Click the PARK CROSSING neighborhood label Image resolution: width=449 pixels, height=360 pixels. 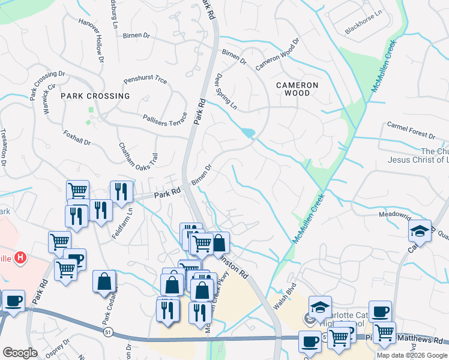pos(95,96)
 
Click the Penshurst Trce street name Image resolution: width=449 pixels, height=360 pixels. pos(145,80)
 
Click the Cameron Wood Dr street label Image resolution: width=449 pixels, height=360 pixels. pos(277,55)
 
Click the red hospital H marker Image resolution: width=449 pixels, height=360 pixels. pos(21,259)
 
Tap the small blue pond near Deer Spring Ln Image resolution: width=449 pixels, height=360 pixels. pos(247,133)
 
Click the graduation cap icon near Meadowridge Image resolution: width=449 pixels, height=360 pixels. pos(420,232)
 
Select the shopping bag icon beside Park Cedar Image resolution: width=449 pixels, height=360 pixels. pos(104,281)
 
